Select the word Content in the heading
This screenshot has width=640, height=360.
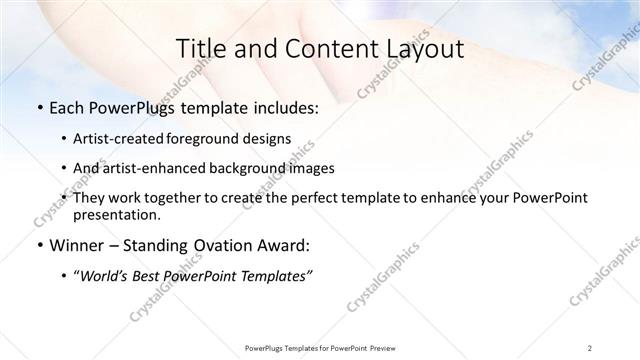[315, 49]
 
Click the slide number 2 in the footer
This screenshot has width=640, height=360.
[591, 347]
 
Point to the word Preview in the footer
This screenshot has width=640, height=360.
[377, 347]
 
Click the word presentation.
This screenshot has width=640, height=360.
[115, 214]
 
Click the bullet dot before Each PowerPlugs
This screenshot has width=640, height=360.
[37, 107]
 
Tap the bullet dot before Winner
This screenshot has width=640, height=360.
[37, 245]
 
